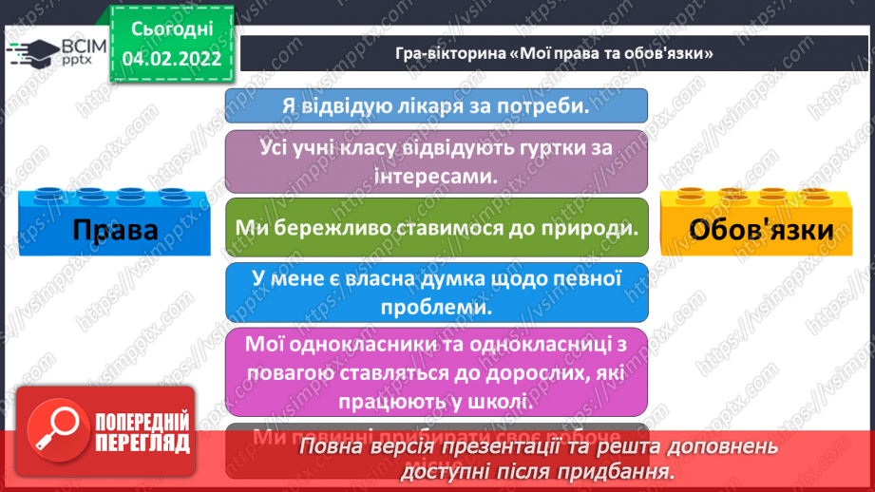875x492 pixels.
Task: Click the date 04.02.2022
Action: click(172, 58)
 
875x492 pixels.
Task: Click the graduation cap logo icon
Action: click(36, 52)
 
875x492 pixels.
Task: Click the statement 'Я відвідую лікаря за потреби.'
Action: click(436, 105)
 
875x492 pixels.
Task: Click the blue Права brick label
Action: click(115, 230)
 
